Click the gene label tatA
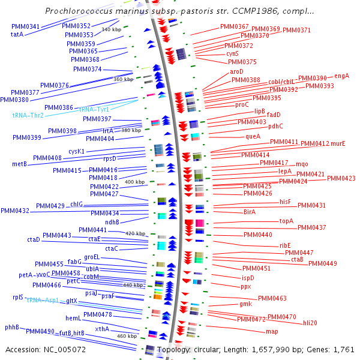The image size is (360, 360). pos(17,35)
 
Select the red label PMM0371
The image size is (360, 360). pos(296,30)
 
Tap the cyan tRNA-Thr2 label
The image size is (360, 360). pos(28,115)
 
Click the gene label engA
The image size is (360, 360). pos(341,76)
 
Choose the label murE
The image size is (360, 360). pos(338,143)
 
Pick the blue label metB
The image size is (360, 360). pos(19,163)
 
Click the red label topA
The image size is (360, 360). pos(286,221)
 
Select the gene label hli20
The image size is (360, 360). pos(310,323)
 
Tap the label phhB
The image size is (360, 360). pos(12,328)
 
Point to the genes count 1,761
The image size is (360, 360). pos(344,349)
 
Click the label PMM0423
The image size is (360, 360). pos(341,178)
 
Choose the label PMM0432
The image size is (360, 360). pos(15,211)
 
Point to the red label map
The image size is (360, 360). pos(272,331)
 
